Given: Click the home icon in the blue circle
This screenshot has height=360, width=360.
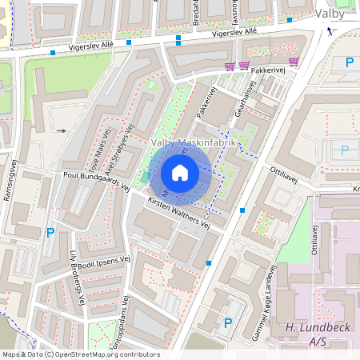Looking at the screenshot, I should coord(180,173).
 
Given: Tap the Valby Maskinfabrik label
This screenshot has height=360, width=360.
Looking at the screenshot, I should coord(194,142).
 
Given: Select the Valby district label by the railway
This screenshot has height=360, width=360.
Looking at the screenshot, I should coord(330,14).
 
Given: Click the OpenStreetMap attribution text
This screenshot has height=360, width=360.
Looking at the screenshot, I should coord(81,354).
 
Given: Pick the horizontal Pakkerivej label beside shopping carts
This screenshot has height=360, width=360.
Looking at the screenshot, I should coord(268,71).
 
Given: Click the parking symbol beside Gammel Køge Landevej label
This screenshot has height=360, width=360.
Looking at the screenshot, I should coord(228,323).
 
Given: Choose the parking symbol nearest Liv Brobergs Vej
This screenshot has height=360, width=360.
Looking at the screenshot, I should coord(50,233).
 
